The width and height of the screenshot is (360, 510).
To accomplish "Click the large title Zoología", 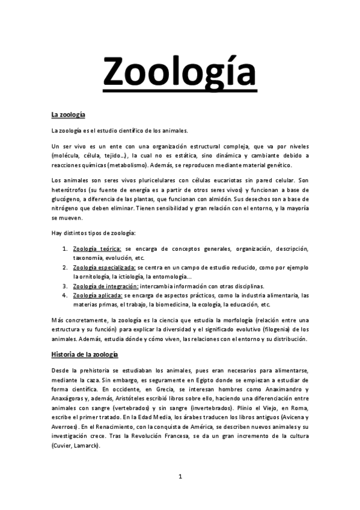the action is [180, 72].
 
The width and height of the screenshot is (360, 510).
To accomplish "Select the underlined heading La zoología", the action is [69, 114].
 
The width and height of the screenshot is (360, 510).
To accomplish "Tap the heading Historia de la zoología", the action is [84, 355].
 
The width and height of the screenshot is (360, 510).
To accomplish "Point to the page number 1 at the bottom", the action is [180, 476].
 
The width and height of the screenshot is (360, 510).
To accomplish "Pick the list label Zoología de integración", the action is [105, 286].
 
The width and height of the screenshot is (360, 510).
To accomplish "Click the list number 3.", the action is [65, 286].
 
